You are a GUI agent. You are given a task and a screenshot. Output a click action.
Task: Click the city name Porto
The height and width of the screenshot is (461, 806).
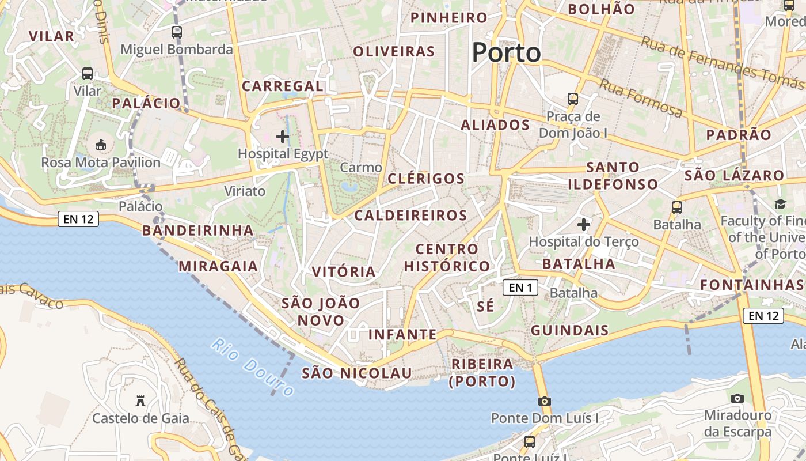507,53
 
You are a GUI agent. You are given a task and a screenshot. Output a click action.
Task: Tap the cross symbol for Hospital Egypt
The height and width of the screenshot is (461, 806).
283,137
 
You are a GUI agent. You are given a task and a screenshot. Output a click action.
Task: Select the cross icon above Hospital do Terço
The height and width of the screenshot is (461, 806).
584,224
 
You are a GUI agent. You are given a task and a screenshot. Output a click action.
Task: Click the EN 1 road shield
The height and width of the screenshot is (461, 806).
520,287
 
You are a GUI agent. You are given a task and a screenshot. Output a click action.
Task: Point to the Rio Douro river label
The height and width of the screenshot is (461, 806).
253,368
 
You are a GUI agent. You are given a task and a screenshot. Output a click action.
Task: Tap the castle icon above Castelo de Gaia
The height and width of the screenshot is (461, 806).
140,400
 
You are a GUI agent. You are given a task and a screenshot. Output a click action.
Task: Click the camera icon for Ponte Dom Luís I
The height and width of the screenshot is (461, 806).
545,401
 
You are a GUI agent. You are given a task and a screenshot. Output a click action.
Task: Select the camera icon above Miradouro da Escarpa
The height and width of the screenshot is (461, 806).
737,398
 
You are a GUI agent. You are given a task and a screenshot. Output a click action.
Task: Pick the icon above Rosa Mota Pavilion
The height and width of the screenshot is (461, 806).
101,145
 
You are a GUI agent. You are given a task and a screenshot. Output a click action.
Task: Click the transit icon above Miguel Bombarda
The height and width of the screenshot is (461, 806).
177,32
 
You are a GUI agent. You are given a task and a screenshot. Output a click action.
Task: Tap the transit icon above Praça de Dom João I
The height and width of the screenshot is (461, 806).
573,99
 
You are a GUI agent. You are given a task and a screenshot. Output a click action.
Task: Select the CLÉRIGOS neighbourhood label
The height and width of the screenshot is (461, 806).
426,179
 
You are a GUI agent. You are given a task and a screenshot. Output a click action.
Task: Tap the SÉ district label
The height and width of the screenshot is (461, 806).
486,306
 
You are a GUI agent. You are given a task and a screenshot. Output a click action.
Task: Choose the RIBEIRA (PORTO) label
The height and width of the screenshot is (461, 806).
482,372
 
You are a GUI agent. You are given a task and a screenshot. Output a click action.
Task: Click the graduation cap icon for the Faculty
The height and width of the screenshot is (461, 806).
780,205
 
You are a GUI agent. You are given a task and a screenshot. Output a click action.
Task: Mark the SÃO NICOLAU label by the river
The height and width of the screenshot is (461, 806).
357,373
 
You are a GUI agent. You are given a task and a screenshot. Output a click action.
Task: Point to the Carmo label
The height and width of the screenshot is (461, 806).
361,168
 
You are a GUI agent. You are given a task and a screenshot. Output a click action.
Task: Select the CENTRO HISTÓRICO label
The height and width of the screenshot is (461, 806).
447,258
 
